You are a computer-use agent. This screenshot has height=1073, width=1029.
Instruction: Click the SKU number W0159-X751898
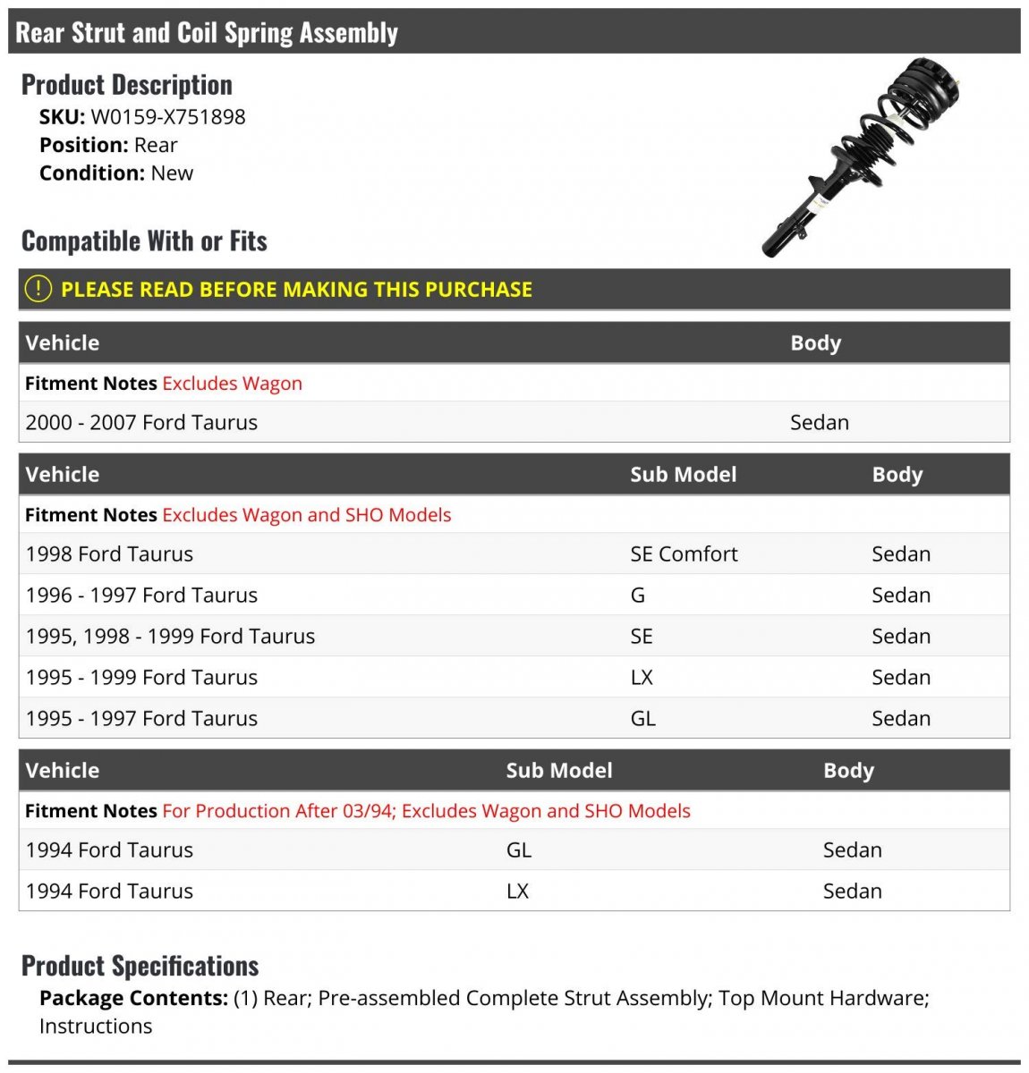tap(168, 117)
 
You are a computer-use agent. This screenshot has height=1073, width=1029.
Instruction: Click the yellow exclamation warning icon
tap(38, 289)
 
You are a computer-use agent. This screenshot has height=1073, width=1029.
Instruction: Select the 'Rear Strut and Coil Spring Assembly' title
tap(207, 33)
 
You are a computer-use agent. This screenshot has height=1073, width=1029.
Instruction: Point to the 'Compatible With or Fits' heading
tap(144, 241)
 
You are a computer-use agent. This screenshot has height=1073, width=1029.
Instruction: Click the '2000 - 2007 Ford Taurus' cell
tap(141, 423)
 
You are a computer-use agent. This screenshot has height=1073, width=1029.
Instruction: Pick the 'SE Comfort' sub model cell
tap(684, 554)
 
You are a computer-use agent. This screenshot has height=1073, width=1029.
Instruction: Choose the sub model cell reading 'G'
tap(638, 596)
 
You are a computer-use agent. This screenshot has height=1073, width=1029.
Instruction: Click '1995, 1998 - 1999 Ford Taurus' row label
tap(170, 637)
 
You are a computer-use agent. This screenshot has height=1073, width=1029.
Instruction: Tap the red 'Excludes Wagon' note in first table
tap(232, 384)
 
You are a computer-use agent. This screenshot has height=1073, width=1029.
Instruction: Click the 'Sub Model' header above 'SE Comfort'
tap(683, 475)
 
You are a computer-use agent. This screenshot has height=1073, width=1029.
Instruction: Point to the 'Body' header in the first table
tap(815, 343)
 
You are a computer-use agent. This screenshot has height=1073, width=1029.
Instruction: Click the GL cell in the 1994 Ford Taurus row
tap(519, 850)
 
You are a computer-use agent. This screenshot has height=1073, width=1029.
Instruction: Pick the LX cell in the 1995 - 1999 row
tap(642, 678)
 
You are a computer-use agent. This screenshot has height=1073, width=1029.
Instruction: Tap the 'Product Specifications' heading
tap(140, 966)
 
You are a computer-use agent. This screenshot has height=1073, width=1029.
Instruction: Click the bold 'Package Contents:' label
tap(133, 999)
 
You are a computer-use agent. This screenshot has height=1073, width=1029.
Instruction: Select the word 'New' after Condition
tap(172, 173)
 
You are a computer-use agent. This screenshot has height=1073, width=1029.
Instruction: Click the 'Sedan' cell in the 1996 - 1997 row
tap(900, 596)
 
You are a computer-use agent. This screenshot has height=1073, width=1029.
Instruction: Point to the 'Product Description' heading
tap(127, 85)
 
